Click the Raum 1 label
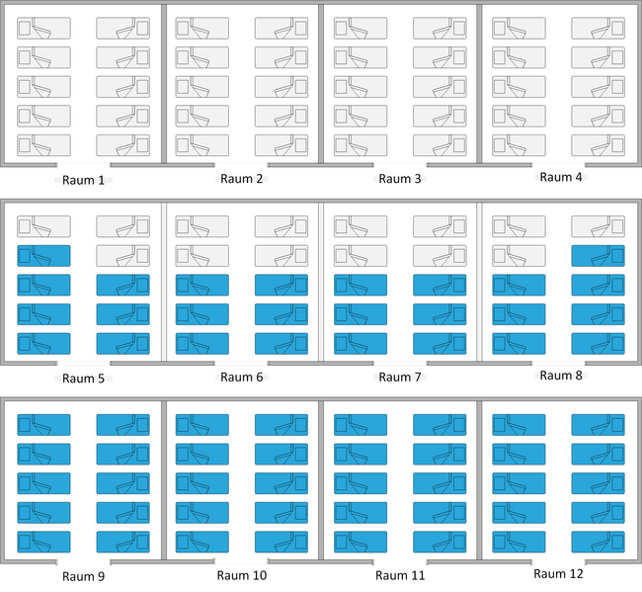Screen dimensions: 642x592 pos(83,180)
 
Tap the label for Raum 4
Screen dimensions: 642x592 pos(561,177)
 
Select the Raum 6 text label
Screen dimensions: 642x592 pos(242,377)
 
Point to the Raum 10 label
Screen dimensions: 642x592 pos(242,575)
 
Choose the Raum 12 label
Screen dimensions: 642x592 pos(558,573)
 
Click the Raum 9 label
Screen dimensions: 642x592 pos(83,576)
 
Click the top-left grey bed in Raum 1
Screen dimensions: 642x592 pos(43,29)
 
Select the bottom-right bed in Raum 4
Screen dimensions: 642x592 pos(599,145)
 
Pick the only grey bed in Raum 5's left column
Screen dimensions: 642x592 pos(43,226)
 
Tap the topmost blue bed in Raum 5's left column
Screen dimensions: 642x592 pos(43,256)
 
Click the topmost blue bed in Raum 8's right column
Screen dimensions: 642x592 pos(599,256)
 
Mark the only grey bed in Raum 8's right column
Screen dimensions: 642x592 pos(599,226)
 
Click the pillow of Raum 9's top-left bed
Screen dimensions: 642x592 pos(25,425)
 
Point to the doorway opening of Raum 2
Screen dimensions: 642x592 pos(241,165)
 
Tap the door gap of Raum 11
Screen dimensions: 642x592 pos(400,561)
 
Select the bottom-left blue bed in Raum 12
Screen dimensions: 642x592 pos(519,542)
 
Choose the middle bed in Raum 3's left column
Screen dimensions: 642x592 pos(361,87)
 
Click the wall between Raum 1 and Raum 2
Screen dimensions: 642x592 pos(164,84)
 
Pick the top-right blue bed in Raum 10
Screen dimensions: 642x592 pos(281,425)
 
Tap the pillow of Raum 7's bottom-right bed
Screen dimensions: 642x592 pos(459,344)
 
